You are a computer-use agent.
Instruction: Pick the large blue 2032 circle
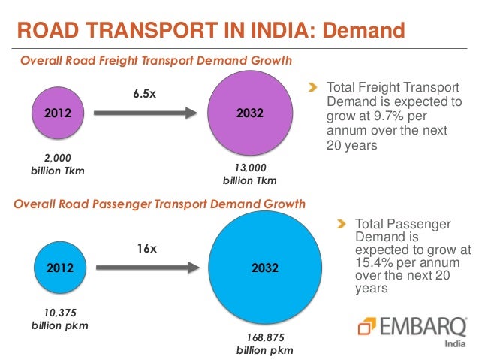(x=265, y=268)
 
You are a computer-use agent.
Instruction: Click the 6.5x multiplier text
(x=146, y=93)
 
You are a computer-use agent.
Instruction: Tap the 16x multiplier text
(x=146, y=247)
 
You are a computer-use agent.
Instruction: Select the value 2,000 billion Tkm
(x=56, y=164)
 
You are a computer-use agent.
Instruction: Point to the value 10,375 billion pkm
(x=56, y=318)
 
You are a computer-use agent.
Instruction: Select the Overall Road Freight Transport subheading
(x=155, y=60)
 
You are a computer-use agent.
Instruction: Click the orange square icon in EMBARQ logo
(x=366, y=325)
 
